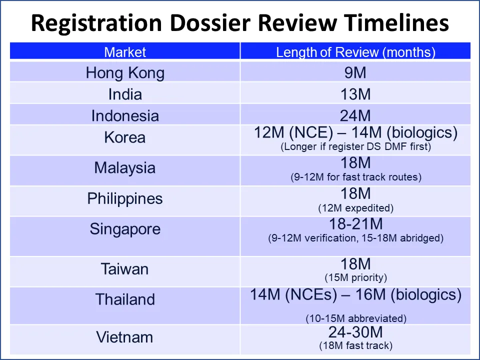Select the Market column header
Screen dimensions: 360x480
coord(125,52)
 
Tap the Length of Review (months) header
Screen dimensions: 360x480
coord(355,52)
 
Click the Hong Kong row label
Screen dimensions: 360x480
coord(125,73)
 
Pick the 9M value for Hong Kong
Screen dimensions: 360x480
coord(355,73)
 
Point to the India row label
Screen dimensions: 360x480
coord(125,94)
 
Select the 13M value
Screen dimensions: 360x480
coord(355,94)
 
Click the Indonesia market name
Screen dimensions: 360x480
coord(125,115)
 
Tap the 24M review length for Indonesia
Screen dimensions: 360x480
coord(355,115)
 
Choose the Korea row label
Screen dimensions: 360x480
coord(125,137)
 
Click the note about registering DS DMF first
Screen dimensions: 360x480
coord(355,147)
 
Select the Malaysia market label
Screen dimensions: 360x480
coord(125,167)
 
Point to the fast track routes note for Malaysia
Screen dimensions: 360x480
coord(355,177)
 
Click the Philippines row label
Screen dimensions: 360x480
coord(125,198)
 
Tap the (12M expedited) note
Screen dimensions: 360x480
coord(355,207)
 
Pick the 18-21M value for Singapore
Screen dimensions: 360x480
coord(355,223)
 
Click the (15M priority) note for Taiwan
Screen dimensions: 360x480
coord(355,277)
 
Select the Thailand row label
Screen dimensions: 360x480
coord(125,299)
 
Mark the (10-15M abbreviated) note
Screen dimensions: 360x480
coord(355,318)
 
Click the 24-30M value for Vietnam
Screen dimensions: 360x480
coord(355,332)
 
